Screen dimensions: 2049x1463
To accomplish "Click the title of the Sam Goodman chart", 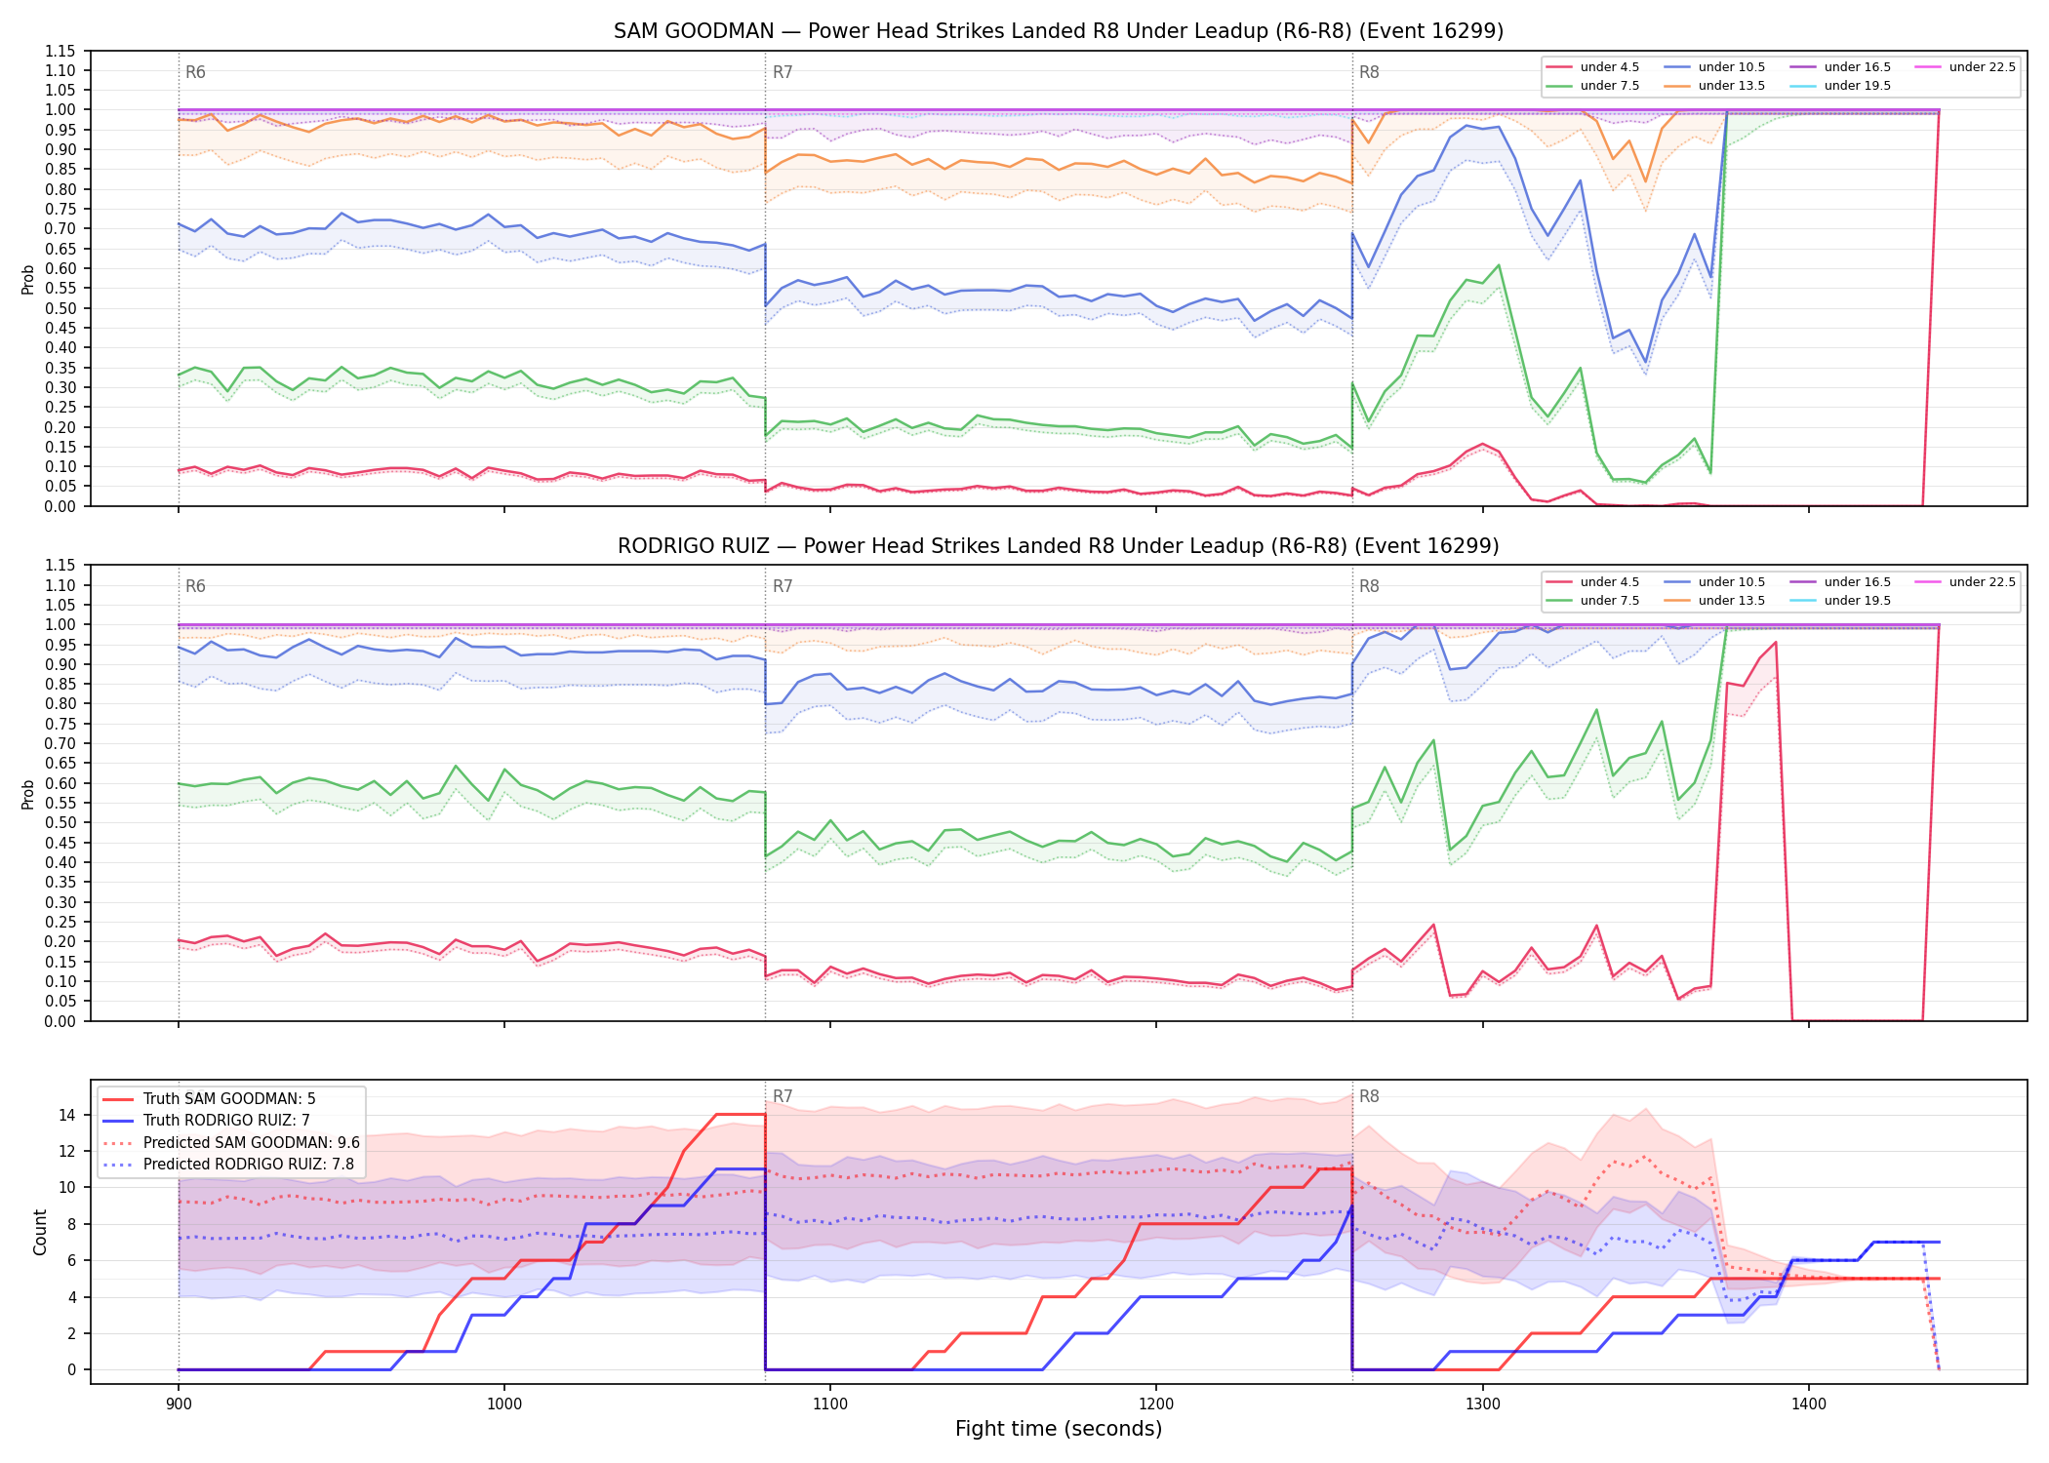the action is pyautogui.click(x=1059, y=31).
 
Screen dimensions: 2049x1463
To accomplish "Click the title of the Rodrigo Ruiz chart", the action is pyautogui.click(x=1059, y=546).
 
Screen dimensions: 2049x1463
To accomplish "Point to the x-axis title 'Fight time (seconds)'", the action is pyautogui.click(x=1059, y=1429).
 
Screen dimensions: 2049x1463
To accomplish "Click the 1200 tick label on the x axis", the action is pyautogui.click(x=1156, y=1404).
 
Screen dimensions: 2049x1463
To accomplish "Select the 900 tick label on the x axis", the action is pyautogui.click(x=178, y=1404).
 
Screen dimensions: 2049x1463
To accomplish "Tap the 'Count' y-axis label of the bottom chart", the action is pyautogui.click(x=40, y=1232).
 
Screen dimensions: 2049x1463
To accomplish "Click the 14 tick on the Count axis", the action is pyautogui.click(x=68, y=1115).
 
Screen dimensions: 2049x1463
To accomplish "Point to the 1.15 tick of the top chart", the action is pyautogui.click(x=60, y=51).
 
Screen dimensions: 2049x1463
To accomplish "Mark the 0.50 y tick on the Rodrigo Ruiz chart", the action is pyautogui.click(x=60, y=822).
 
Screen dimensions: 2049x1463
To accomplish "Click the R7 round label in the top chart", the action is pyautogui.click(x=783, y=72).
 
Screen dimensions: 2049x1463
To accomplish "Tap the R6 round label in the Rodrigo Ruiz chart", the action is pyautogui.click(x=195, y=586).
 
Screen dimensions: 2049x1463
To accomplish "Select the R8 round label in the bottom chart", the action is pyautogui.click(x=1369, y=1096).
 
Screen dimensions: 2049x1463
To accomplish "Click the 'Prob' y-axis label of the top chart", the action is pyautogui.click(x=28, y=279).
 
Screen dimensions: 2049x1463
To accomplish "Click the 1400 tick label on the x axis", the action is pyautogui.click(x=1809, y=1404).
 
